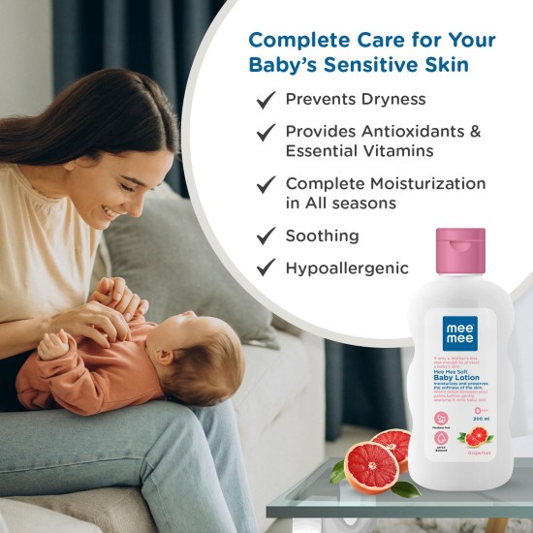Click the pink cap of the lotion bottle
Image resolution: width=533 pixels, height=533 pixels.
click(459, 251)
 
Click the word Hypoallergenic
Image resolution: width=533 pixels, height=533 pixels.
click(347, 268)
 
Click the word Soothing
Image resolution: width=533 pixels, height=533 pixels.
click(322, 235)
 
